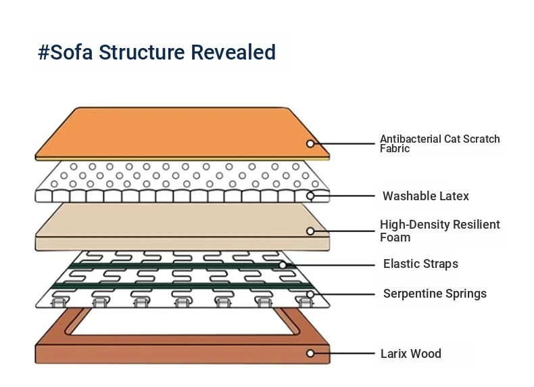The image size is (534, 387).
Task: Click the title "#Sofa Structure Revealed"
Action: (157, 52)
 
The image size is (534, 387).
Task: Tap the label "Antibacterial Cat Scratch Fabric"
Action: (439, 143)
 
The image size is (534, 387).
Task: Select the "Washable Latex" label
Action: (425, 196)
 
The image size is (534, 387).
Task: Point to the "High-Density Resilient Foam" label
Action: (439, 231)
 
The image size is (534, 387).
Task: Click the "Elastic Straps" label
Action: (420, 264)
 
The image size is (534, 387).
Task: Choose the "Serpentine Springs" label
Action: (435, 294)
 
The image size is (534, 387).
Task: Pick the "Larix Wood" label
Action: (411, 353)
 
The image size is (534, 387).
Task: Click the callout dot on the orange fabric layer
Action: (310, 143)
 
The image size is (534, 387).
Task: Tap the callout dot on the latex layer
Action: (310, 196)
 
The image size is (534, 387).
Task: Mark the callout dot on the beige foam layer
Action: (310, 231)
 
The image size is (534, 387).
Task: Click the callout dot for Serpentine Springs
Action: (310, 294)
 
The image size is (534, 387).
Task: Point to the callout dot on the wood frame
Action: (310, 353)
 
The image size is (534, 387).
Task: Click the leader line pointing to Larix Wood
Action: (345, 353)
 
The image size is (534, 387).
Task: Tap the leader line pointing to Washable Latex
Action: (345, 196)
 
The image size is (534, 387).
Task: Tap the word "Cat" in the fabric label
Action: (453, 139)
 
